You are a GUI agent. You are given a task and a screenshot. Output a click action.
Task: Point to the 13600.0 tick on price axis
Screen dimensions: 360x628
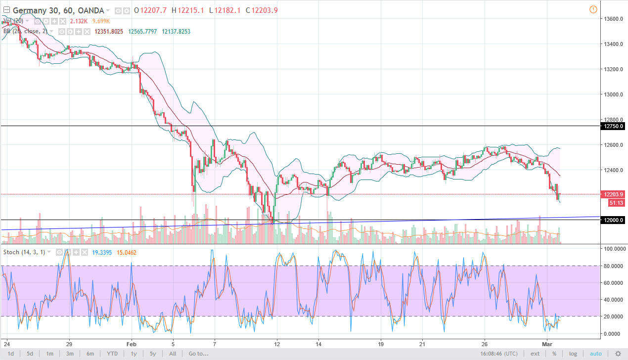pyautogui.click(x=612, y=19)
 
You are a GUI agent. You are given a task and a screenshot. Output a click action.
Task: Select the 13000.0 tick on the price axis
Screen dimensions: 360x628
pyautogui.click(x=612, y=94)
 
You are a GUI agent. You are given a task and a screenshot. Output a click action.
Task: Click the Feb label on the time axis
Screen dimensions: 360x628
pyautogui.click(x=131, y=344)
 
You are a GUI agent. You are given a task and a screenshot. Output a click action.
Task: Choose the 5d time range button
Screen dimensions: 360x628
pyautogui.click(x=30, y=354)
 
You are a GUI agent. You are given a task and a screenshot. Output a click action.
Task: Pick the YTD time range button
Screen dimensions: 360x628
pyautogui.click(x=112, y=354)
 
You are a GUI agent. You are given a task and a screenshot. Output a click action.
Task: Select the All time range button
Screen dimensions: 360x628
pyautogui.click(x=172, y=354)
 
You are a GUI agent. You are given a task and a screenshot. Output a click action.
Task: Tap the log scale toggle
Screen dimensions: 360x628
pyautogui.click(x=573, y=354)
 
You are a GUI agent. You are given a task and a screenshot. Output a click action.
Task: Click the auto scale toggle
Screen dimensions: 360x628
pyautogui.click(x=595, y=354)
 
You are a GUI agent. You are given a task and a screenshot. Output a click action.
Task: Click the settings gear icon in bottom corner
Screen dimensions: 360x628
pyautogui.click(x=618, y=354)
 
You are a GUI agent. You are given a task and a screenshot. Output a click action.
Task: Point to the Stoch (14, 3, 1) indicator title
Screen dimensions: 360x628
pyautogui.click(x=29, y=252)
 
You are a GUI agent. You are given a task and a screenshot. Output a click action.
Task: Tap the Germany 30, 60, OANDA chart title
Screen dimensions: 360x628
pyautogui.click(x=58, y=10)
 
